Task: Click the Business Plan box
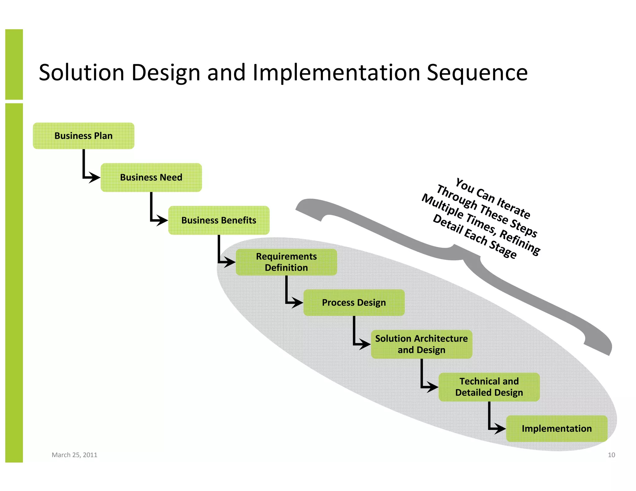pos(84,136)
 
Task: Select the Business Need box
pos(151,178)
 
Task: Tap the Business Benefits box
pos(219,220)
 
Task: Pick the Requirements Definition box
pos(286,262)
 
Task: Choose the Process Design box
pos(354,303)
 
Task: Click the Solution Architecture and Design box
pos(421,344)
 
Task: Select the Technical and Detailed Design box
pos(489,387)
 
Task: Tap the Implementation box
pos(556,429)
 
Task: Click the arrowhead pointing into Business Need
pos(94,178)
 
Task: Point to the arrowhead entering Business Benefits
pos(162,220)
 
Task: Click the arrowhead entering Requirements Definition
pos(229,262)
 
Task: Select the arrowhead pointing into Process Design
pos(297,302)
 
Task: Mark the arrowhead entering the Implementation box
pos(500,429)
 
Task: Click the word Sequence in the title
pos(477,73)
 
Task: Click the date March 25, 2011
pos(74,455)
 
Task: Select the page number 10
pos(611,455)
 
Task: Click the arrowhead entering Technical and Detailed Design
pos(432,387)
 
